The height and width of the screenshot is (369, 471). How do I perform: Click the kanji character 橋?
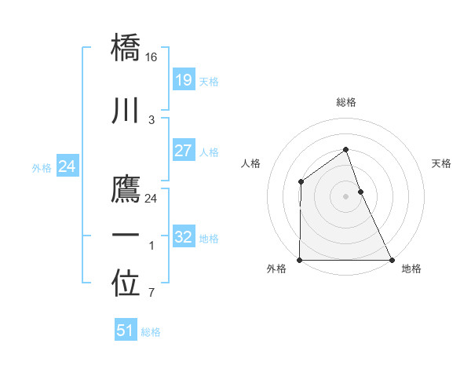pyautogui.click(x=126, y=49)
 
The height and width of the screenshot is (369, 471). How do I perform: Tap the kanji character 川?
pyautogui.click(x=126, y=111)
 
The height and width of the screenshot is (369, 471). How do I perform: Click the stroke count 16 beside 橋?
pyautogui.click(x=152, y=57)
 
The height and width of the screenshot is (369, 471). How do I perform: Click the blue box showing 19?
pyautogui.click(x=183, y=79)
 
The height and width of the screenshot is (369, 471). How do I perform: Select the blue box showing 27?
pyautogui.click(x=183, y=151)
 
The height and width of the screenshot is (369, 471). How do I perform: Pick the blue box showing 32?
pyautogui.click(x=183, y=237)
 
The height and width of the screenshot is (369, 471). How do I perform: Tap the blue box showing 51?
pyautogui.click(x=125, y=331)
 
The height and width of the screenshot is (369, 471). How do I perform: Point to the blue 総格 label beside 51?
pyautogui.click(x=151, y=332)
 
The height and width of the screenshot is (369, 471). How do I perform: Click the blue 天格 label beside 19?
pyautogui.click(x=209, y=81)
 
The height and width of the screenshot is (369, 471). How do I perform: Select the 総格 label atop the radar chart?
pyautogui.click(x=346, y=102)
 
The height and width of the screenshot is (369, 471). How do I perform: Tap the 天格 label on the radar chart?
pyautogui.click(x=441, y=163)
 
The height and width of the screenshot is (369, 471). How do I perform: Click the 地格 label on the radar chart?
pyautogui.click(x=411, y=269)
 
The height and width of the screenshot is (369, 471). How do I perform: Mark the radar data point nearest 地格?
pyautogui.click(x=391, y=259)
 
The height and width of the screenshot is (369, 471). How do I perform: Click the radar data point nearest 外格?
pyautogui.click(x=300, y=259)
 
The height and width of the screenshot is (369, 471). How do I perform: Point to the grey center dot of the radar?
pyautogui.click(x=345, y=196)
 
